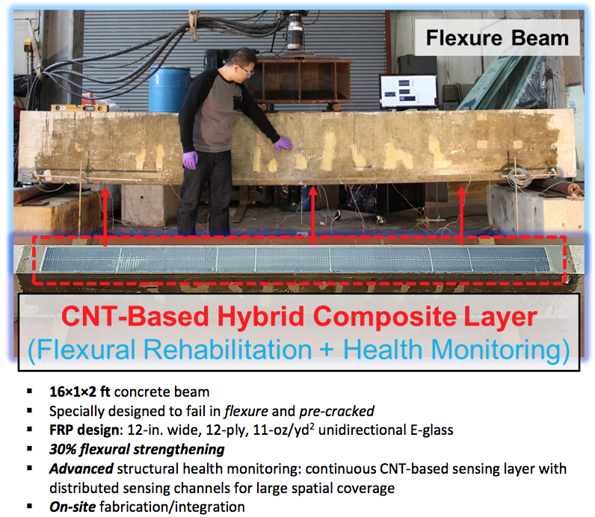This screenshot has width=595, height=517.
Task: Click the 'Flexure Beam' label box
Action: tap(497, 38)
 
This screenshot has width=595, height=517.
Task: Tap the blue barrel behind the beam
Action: tap(170, 90)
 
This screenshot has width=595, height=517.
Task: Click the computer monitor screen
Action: tap(408, 91)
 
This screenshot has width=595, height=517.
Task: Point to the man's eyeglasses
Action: tap(245, 70)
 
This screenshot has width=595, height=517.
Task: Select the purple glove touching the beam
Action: tap(283, 143)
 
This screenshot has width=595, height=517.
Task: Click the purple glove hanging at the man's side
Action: tap(190, 160)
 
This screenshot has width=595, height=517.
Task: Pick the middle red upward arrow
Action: tap(312, 215)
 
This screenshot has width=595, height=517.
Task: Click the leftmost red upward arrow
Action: tap(105, 215)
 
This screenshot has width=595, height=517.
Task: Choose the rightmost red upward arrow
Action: tap(461, 215)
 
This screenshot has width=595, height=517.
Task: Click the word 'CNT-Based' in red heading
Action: tap(135, 316)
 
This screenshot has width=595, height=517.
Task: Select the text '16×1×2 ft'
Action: tap(80, 391)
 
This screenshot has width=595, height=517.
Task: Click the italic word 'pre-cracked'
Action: tap(336, 411)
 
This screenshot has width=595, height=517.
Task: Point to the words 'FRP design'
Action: tap(84, 430)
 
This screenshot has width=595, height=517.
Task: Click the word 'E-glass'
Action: tap(432, 430)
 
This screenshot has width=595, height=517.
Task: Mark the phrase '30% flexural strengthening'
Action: tap(137, 450)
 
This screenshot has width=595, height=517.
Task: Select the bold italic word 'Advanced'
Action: tap(81, 469)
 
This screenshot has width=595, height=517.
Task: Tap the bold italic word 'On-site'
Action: tap(73, 507)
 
